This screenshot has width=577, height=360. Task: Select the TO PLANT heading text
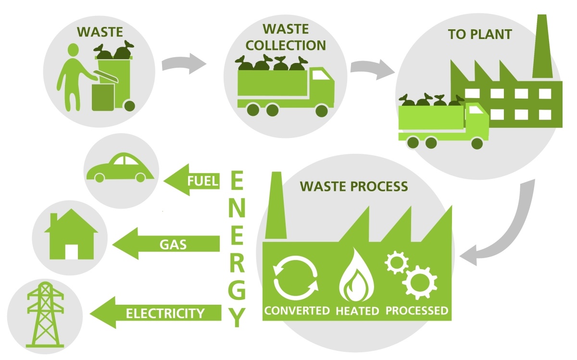(479, 35)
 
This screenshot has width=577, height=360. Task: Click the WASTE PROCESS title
(354, 186)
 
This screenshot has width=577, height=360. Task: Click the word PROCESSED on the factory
(416, 310)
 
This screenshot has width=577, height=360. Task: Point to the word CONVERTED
(297, 310)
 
